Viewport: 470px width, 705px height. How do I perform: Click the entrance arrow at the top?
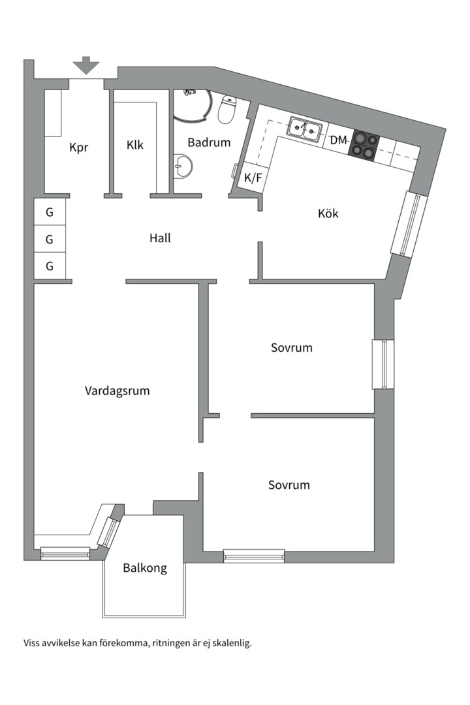tap(86, 65)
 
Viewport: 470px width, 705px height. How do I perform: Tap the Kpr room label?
tap(79, 147)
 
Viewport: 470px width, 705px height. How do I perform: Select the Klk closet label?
tap(135, 145)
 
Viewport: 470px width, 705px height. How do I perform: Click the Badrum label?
tap(210, 142)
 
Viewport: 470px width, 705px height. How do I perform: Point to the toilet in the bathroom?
tap(227, 110)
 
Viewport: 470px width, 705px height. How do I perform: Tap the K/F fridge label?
tap(253, 177)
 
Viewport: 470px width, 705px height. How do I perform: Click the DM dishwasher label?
tap(339, 140)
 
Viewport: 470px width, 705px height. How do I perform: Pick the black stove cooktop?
tap(366, 144)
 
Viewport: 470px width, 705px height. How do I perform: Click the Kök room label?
tap(328, 213)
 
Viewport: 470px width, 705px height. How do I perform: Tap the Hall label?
tap(160, 238)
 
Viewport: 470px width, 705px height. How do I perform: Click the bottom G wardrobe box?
tap(50, 266)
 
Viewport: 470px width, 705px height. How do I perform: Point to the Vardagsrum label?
tap(117, 391)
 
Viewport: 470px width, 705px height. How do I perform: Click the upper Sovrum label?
tap(292, 347)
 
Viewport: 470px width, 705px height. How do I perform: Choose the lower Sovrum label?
tap(289, 485)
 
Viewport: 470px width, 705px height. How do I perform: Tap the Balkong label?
tap(145, 568)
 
